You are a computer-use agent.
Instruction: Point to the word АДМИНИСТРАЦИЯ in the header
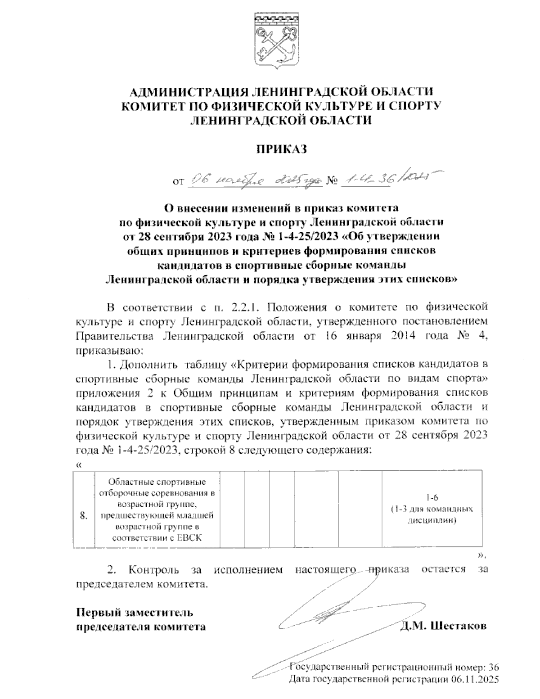(187, 92)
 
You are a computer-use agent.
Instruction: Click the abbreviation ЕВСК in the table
(190, 537)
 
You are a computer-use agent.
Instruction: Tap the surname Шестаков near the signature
(459, 626)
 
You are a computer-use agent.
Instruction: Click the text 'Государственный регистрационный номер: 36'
(394, 667)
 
